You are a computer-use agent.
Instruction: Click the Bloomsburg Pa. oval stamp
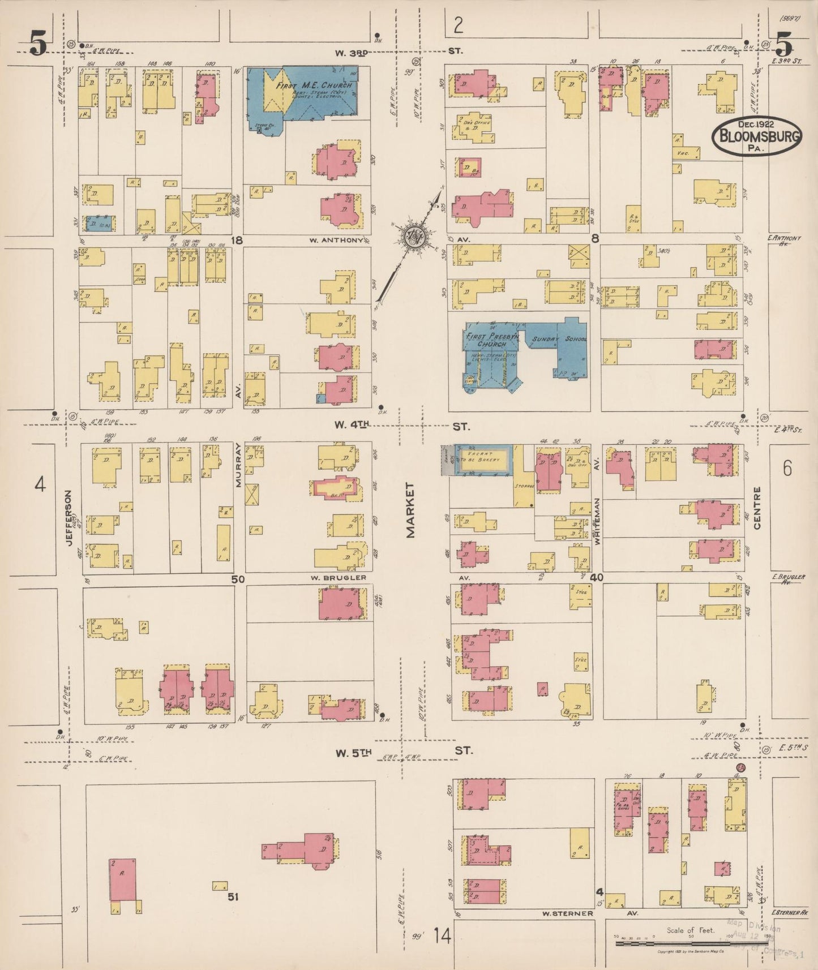pyautogui.click(x=756, y=136)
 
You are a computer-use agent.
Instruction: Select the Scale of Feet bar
pyautogui.click(x=690, y=943)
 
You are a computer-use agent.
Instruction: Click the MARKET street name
pyautogui.click(x=410, y=510)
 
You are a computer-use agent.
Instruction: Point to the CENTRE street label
pyautogui.click(x=757, y=508)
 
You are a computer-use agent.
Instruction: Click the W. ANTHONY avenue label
pyautogui.click(x=336, y=240)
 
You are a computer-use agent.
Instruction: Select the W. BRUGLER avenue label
pyautogui.click(x=338, y=578)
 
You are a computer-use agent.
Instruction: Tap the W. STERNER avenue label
pyautogui.click(x=567, y=913)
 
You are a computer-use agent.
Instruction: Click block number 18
pyautogui.click(x=237, y=241)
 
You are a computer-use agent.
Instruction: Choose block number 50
pyautogui.click(x=238, y=579)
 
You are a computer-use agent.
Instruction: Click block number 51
pyautogui.click(x=233, y=896)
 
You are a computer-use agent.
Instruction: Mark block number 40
pyautogui.click(x=596, y=578)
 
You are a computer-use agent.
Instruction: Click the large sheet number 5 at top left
pyautogui.click(x=38, y=44)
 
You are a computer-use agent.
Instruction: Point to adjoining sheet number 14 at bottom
pyautogui.click(x=442, y=936)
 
